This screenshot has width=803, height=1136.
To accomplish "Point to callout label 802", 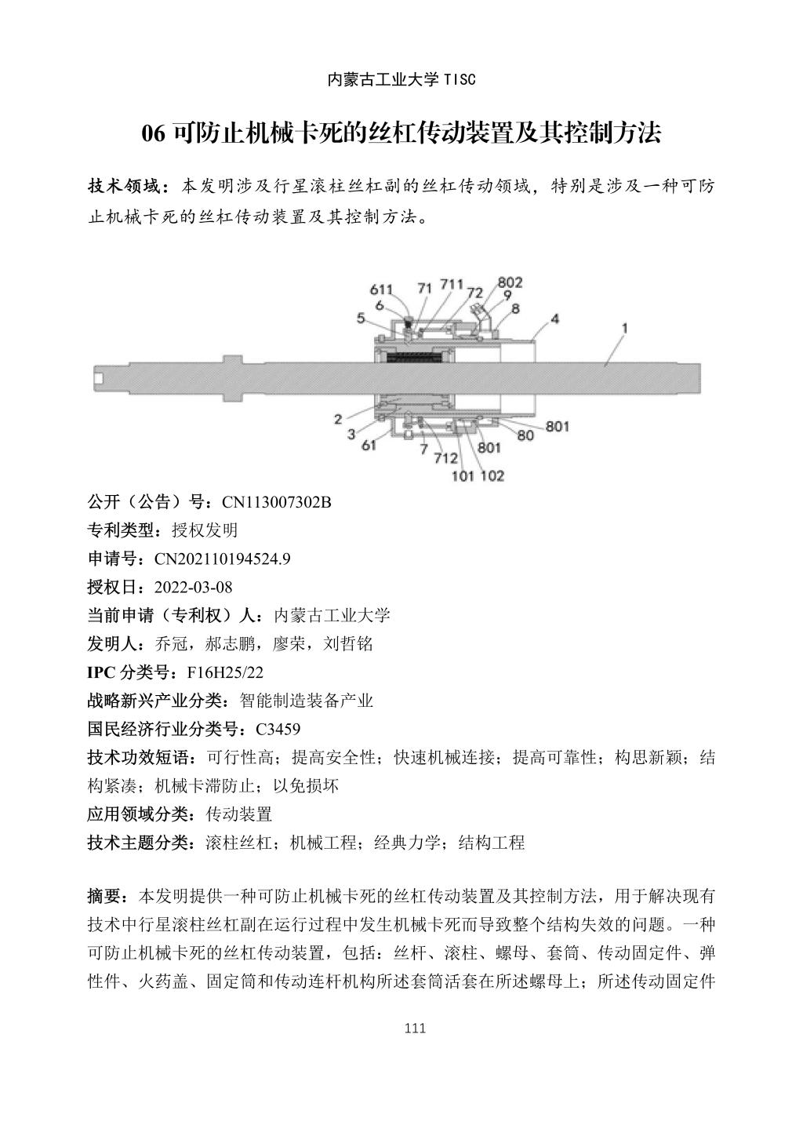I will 510,282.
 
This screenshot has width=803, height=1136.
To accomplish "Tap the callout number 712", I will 445,458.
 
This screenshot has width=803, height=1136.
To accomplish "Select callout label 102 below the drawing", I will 492,475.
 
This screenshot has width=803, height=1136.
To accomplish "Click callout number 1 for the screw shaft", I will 625,329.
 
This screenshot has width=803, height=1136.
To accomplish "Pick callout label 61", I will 369,446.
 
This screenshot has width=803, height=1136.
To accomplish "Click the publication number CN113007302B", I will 277,502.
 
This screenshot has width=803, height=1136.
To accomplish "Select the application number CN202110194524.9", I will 223,559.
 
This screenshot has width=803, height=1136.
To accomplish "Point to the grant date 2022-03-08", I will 194,587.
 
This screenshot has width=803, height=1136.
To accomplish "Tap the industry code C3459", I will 278,729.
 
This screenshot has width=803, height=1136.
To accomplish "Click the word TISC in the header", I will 460,79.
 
